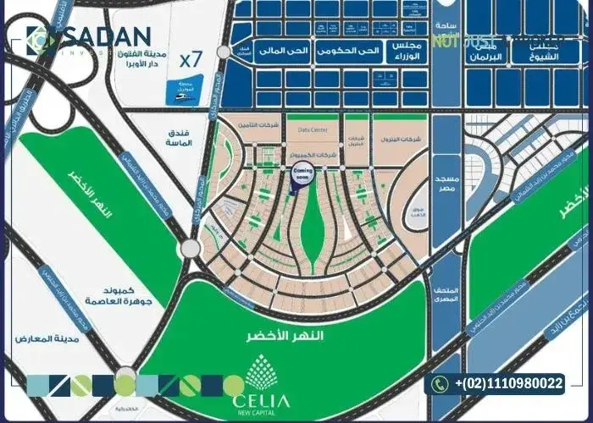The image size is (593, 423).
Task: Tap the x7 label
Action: [192, 60]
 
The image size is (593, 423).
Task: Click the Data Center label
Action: [313, 131]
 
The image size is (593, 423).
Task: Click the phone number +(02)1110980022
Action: [508, 384]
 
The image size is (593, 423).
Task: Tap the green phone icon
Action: [439, 384]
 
